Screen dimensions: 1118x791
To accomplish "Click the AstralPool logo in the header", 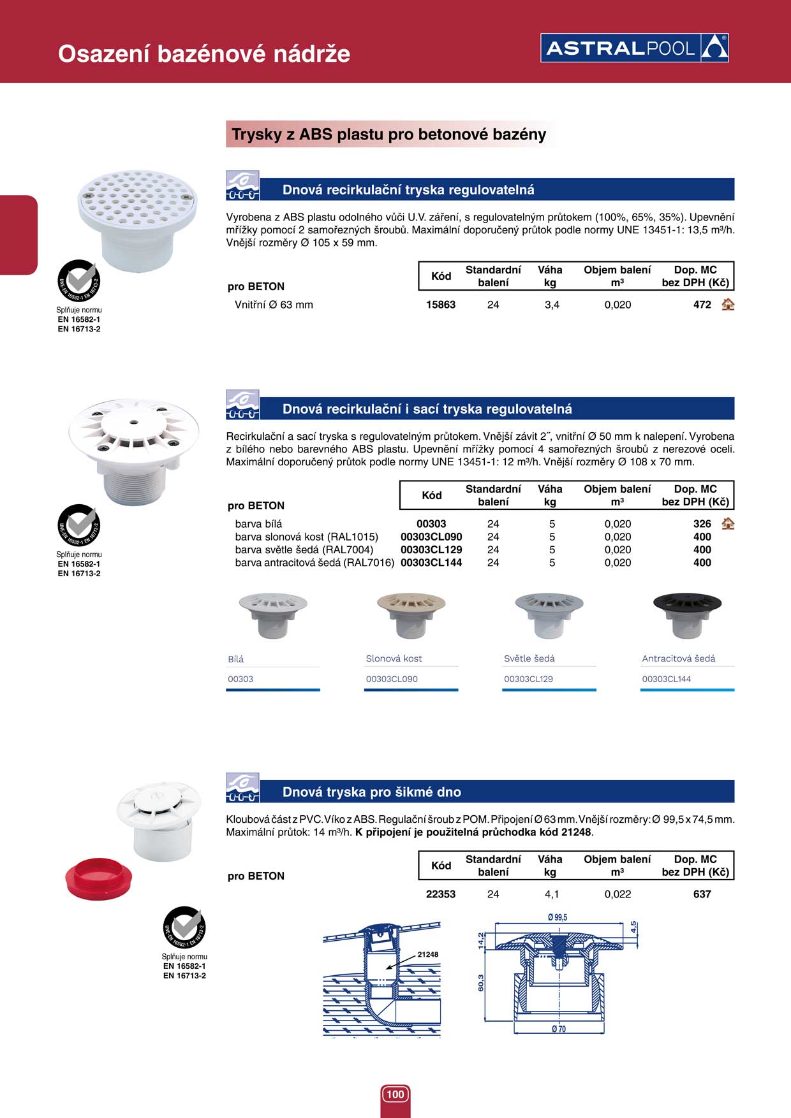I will pyautogui.click(x=634, y=48).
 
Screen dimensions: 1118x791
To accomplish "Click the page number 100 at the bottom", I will pyautogui.click(x=395, y=1094).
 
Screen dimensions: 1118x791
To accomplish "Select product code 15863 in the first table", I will pyautogui.click(x=441, y=305).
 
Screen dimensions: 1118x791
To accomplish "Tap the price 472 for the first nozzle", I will pyautogui.click(x=702, y=305).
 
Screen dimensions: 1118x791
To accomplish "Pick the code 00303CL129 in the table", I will pyautogui.click(x=431, y=549).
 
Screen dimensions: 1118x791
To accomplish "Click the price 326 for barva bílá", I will pyautogui.click(x=702, y=524).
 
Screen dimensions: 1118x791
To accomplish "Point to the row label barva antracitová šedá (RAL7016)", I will pyautogui.click(x=314, y=563).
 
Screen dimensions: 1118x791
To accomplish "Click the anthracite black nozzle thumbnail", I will pyautogui.click(x=687, y=614).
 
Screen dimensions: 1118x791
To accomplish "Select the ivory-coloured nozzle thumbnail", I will pyautogui.click(x=411, y=614).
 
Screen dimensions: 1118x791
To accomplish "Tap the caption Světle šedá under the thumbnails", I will pyautogui.click(x=529, y=658).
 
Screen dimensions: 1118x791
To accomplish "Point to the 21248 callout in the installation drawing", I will pyautogui.click(x=427, y=954).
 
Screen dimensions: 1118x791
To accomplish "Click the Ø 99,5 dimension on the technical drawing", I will pyautogui.click(x=558, y=917).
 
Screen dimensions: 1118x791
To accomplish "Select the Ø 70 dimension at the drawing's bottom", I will pyautogui.click(x=558, y=1029).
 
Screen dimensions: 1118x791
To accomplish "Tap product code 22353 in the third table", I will pyautogui.click(x=441, y=894).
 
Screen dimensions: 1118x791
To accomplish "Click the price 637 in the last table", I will pyautogui.click(x=702, y=894).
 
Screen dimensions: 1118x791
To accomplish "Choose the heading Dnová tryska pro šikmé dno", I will pyautogui.click(x=371, y=792).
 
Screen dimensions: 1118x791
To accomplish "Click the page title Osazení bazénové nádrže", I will pyautogui.click(x=204, y=54).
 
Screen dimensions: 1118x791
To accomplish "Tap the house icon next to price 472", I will pyautogui.click(x=728, y=305).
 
